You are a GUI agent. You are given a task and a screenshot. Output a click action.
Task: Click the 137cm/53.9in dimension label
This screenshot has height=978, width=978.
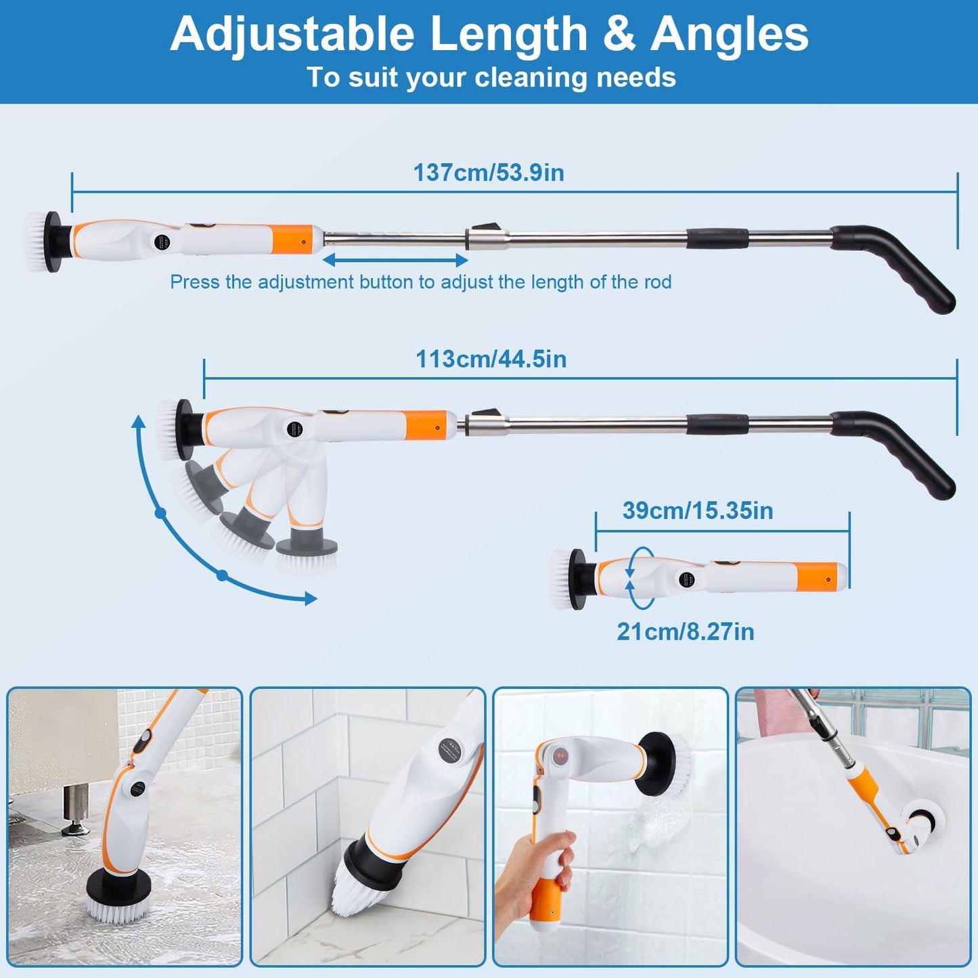click(x=489, y=173)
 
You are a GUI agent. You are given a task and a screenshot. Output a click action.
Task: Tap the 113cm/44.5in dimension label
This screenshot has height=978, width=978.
click(x=491, y=359)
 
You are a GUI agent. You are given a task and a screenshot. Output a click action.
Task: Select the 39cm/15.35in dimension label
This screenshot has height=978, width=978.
click(x=698, y=510)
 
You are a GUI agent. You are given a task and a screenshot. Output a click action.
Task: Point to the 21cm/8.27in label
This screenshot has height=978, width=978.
click(x=685, y=631)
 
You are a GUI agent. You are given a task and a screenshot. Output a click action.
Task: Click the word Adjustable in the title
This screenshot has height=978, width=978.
click(x=292, y=34)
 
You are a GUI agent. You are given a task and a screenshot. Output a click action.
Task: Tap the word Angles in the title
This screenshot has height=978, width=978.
click(x=730, y=34)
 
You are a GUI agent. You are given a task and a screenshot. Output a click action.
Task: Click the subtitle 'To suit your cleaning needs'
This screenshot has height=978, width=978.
click(x=491, y=77)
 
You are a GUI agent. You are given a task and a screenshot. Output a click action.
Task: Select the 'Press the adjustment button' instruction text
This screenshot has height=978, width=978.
click(x=420, y=282)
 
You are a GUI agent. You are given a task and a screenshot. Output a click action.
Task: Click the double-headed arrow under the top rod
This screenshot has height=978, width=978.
click(x=395, y=260)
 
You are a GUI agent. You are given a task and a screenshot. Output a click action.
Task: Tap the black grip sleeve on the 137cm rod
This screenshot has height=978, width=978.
click(x=717, y=238)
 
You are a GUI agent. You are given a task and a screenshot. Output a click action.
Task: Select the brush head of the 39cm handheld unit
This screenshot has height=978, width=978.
click(x=564, y=579)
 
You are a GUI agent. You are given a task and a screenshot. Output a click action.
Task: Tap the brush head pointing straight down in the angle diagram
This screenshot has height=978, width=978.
click(x=307, y=555)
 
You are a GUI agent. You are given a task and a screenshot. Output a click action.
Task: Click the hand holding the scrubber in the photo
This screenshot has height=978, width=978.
click(x=535, y=873)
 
